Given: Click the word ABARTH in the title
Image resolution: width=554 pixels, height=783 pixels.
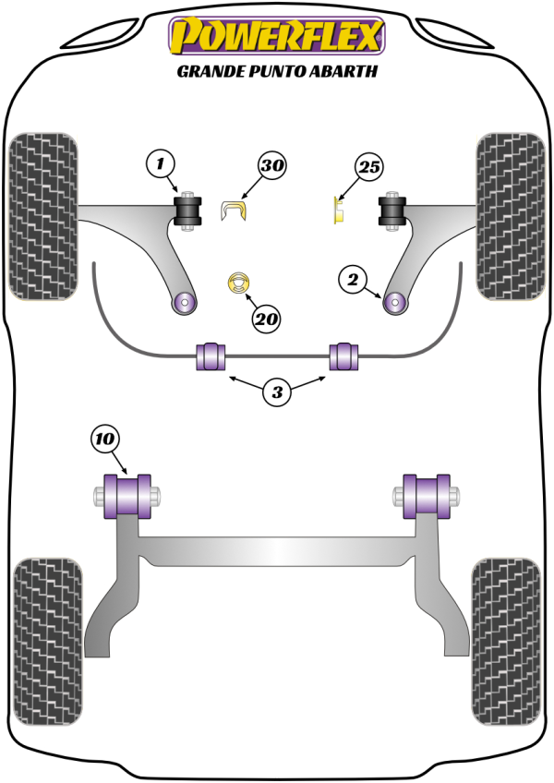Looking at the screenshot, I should tap(343, 70).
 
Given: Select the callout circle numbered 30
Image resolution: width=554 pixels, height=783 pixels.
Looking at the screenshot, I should tap(271, 166).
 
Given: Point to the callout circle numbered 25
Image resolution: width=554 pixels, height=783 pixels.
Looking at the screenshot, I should tap(368, 167).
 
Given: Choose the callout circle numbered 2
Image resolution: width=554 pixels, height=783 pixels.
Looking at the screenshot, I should tap(353, 277).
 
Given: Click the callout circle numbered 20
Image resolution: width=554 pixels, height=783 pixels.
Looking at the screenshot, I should tap(266, 319).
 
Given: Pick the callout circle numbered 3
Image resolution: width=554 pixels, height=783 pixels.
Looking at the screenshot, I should tap(276, 393).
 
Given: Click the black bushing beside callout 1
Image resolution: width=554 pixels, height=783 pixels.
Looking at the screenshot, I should tap(190, 213).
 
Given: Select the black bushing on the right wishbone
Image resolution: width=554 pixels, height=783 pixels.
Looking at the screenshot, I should tap(393, 211).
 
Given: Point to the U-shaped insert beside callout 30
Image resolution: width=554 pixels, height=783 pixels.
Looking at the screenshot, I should tap(235, 211).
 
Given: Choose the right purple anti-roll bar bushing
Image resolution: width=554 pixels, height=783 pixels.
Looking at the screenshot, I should tap(345, 356).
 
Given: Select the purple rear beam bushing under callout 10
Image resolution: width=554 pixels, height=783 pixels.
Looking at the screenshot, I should tap(128, 497).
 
